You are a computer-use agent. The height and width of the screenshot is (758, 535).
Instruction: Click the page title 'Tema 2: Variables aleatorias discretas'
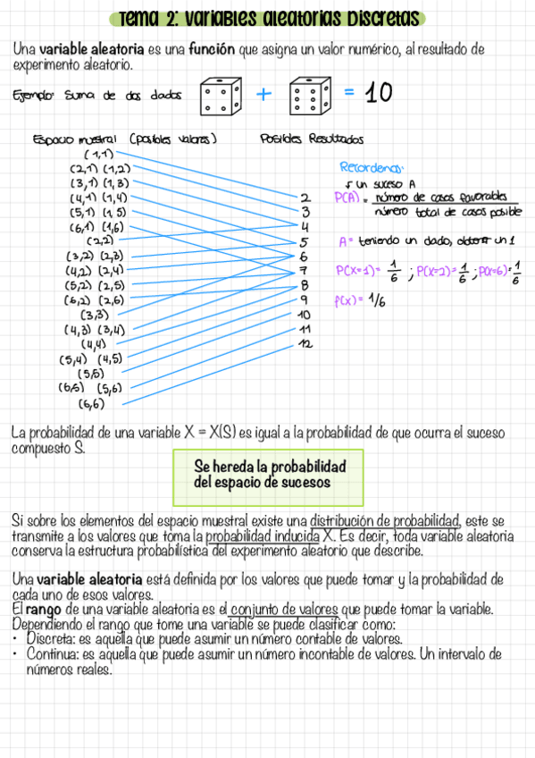click(x=268, y=19)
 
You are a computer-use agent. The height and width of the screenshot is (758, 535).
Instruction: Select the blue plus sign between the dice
click(x=263, y=94)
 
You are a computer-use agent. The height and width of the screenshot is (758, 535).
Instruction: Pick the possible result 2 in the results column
click(x=305, y=198)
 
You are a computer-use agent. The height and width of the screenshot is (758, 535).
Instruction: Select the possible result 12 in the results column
click(x=305, y=343)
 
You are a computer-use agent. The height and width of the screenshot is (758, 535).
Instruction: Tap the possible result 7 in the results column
click(x=304, y=270)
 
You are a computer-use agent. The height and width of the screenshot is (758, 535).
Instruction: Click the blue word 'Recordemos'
click(x=372, y=167)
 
